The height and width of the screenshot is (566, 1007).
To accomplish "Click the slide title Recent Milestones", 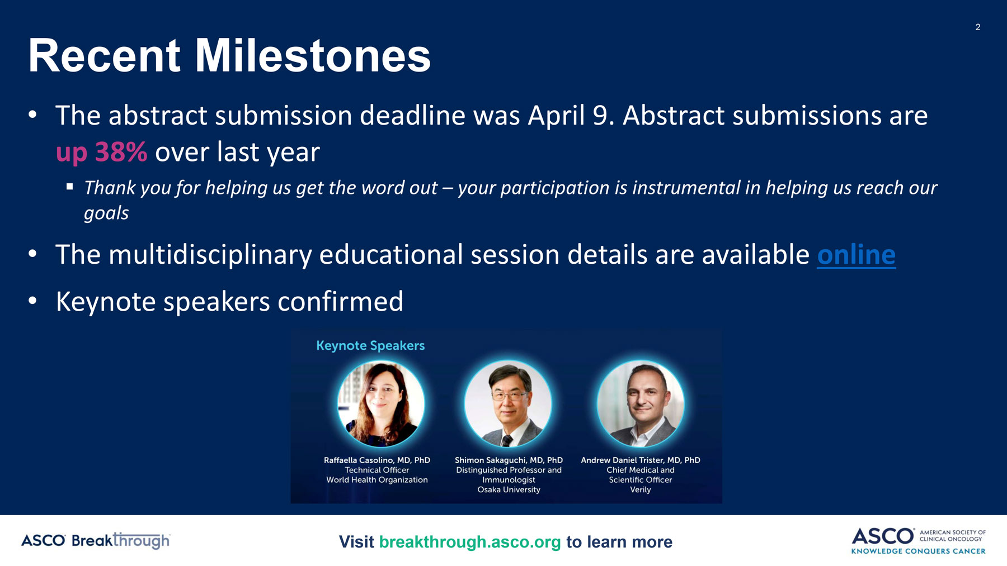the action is pos(229,56).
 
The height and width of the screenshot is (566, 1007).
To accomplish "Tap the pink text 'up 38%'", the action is pos(101,153).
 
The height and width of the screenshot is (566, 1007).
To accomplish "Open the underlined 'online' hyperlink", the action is pos(857,255).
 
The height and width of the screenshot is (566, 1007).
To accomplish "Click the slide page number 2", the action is pos(978,27).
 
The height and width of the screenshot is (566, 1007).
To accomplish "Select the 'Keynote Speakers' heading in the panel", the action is pos(370,346).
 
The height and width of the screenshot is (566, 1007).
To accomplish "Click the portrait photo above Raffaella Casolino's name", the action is pos(380,403).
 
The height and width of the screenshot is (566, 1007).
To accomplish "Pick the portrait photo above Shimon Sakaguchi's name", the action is pos(508,403).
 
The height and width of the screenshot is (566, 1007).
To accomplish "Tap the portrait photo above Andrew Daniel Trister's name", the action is pos(641,403).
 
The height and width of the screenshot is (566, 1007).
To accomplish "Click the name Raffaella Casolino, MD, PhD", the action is pos(377,460).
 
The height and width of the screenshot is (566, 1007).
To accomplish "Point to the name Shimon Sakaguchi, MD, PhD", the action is pos(509,460).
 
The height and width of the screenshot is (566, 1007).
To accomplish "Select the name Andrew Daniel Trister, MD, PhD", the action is pos(641,460).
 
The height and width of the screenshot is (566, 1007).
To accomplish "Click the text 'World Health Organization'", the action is pos(377,480).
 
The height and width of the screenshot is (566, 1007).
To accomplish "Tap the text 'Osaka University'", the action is pos(509,490).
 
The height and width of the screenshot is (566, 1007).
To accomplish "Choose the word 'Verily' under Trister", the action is pos(641,490).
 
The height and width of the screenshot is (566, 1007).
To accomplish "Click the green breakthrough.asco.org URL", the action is pos(470,542).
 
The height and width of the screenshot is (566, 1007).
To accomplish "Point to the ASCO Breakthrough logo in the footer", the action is pos(96,540).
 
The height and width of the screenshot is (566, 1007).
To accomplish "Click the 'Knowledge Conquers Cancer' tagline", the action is pos(918,551).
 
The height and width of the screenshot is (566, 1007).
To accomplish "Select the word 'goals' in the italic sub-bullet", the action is pos(106,213).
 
